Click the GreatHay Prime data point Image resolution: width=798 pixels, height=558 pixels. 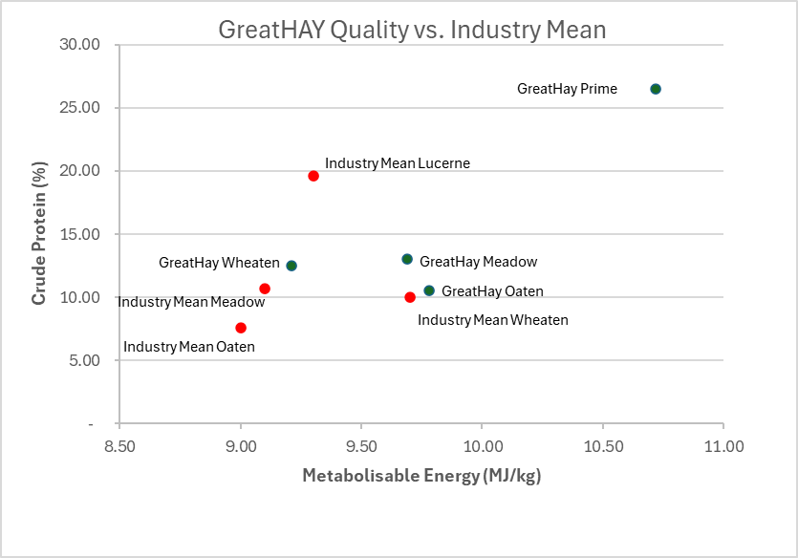[656, 89]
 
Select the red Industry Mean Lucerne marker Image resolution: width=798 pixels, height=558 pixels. [313, 176]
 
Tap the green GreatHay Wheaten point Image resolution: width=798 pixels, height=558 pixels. [291, 266]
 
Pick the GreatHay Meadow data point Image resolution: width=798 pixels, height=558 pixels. [407, 259]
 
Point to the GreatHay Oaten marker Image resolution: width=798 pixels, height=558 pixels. [429, 290]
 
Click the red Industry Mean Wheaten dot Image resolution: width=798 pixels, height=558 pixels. [410, 297]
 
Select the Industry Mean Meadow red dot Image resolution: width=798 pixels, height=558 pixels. [265, 289]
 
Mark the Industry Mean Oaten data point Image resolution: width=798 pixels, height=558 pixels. [241, 328]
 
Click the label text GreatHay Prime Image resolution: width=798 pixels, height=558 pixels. [567, 89]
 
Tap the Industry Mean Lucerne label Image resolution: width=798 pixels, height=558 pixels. [397, 163]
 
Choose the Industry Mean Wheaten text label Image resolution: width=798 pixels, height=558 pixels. [492, 320]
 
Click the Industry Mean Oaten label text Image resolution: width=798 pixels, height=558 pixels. [189, 347]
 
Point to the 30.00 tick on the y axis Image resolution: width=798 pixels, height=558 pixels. [79, 44]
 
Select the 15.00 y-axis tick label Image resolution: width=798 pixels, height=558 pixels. [79, 234]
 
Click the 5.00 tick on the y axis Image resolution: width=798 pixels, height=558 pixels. [83, 360]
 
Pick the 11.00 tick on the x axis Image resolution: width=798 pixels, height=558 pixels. [723, 446]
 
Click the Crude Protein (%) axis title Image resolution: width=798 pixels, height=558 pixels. [39, 234]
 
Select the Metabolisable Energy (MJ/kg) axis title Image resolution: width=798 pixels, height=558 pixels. [421, 476]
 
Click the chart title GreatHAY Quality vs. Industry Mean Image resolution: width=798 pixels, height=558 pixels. [412, 30]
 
